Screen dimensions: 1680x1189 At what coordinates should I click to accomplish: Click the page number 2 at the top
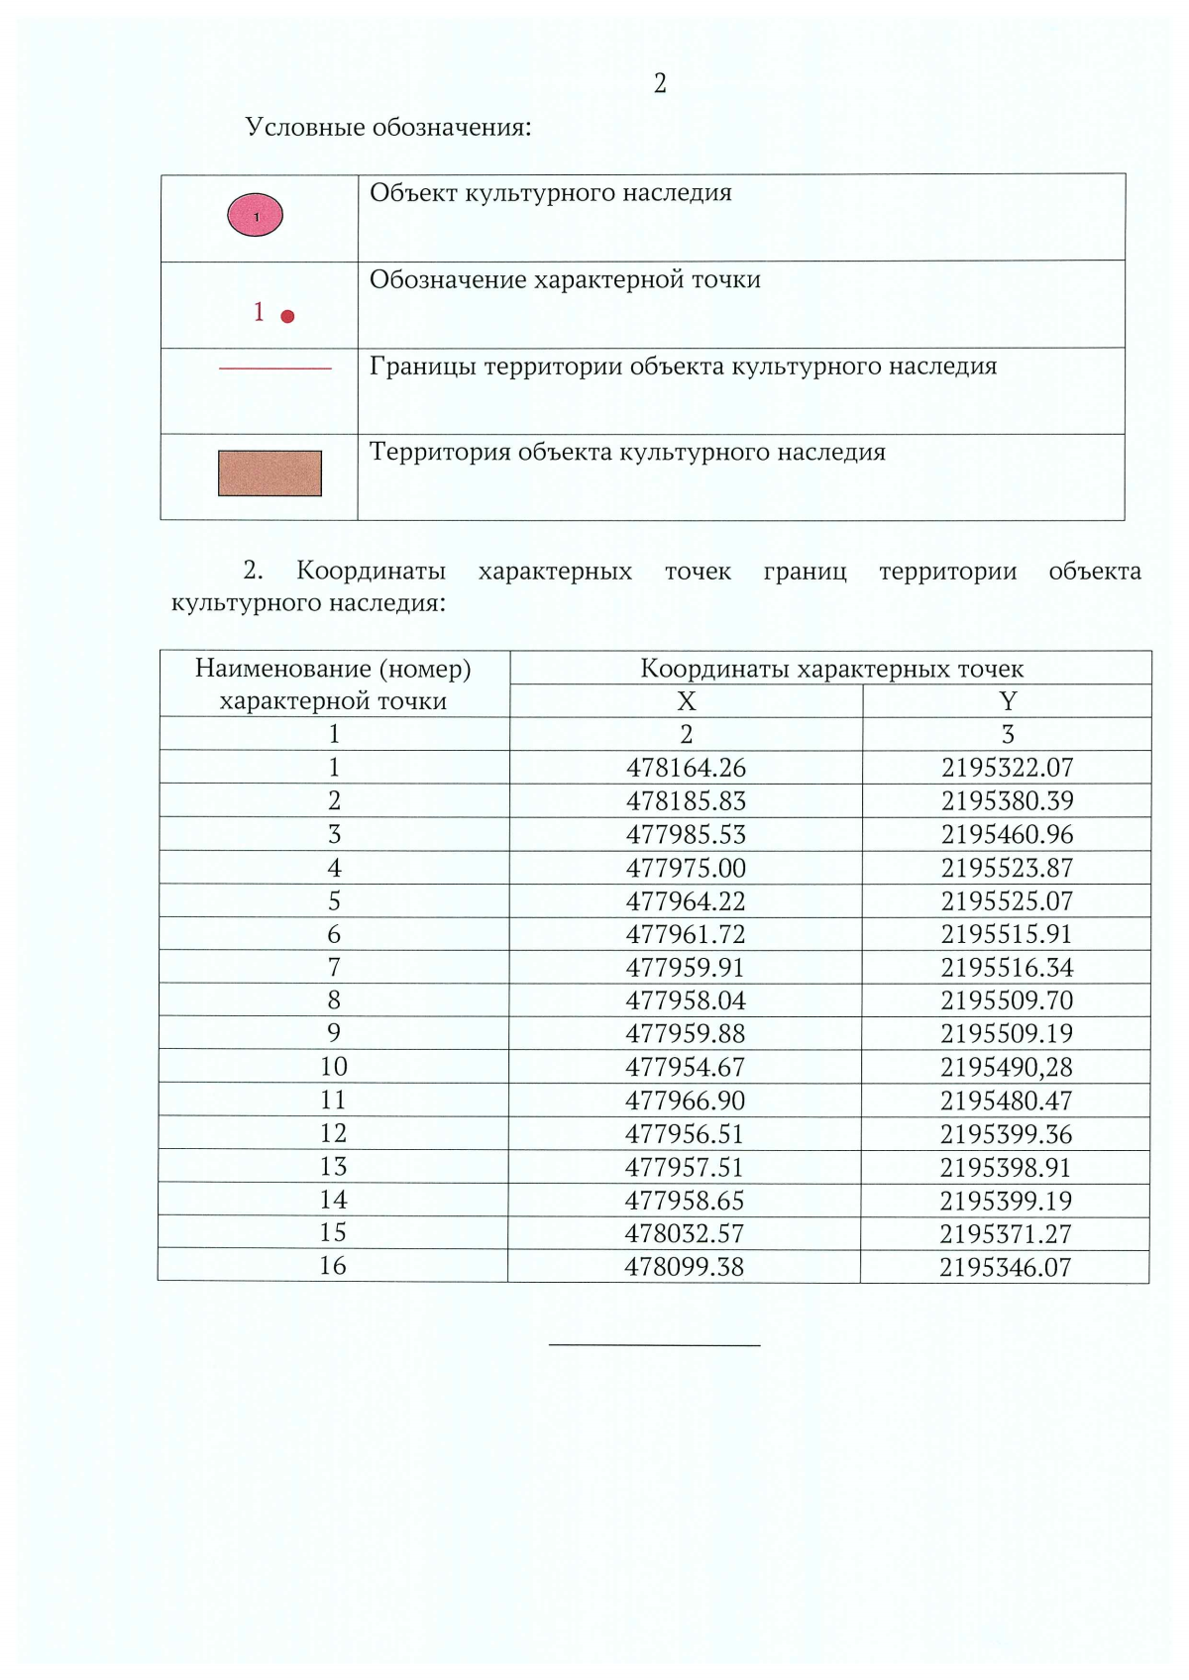(x=660, y=84)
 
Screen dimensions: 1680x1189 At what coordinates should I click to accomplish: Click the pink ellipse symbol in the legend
(x=256, y=216)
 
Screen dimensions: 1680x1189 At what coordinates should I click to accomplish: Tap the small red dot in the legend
(x=287, y=317)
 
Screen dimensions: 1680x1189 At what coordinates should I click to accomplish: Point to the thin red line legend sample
(x=274, y=368)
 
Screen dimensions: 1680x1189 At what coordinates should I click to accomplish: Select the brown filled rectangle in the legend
(x=270, y=473)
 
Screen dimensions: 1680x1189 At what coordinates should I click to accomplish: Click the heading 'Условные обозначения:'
(x=388, y=128)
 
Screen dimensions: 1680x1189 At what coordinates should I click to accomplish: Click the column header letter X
(x=686, y=701)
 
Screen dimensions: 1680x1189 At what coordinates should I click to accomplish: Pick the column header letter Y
(x=1008, y=701)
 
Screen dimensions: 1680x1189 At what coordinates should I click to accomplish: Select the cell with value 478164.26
(x=686, y=768)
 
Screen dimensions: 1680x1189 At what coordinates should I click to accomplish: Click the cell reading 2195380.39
(x=1007, y=801)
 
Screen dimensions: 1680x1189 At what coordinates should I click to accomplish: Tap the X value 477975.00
(x=686, y=869)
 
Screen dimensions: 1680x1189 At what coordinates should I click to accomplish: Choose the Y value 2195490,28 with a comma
(x=1007, y=1068)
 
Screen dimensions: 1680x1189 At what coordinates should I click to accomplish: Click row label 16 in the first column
(x=333, y=1266)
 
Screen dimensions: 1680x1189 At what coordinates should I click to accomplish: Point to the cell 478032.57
(x=684, y=1234)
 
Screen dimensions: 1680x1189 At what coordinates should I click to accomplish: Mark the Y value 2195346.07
(x=1006, y=1268)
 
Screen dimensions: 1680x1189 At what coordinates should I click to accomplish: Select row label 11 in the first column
(x=333, y=1101)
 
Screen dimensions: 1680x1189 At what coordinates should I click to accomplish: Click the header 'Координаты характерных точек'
(x=831, y=669)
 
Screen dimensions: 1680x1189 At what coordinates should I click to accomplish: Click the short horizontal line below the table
(x=654, y=1345)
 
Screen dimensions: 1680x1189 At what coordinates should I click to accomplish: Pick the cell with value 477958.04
(x=686, y=1000)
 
